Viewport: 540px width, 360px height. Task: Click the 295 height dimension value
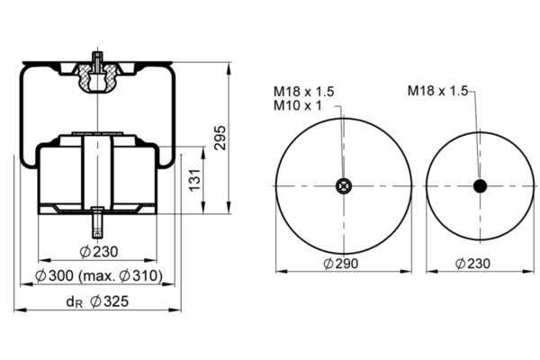click(220, 138)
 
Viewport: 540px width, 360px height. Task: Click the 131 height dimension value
click(195, 180)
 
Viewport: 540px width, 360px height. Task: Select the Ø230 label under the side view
click(99, 252)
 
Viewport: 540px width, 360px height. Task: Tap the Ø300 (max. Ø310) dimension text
click(99, 275)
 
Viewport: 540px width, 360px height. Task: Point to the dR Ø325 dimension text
click(97, 301)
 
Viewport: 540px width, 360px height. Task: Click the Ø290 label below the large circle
click(341, 264)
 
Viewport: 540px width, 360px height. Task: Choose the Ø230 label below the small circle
click(472, 264)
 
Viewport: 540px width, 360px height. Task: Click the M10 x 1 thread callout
click(298, 105)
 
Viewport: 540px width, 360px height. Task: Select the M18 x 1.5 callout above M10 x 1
click(304, 91)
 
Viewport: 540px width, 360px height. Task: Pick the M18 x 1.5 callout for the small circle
click(437, 91)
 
